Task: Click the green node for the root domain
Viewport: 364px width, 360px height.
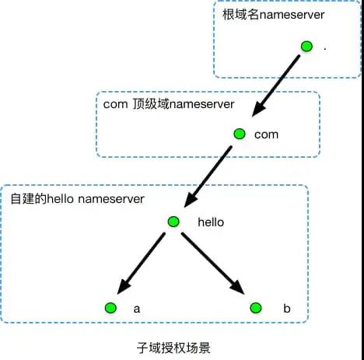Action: (x=306, y=47)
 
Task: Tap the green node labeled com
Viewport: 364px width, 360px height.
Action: (x=240, y=134)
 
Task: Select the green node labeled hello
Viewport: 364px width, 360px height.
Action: (x=174, y=221)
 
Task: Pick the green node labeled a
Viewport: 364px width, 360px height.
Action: (x=110, y=308)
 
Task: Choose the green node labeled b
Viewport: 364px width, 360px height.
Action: (x=255, y=308)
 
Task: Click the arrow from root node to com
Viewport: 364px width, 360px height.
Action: (x=273, y=89)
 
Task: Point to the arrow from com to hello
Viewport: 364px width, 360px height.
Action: (x=207, y=177)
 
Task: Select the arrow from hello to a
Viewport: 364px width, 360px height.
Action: (x=142, y=264)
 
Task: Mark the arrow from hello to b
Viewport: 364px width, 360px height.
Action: (x=215, y=264)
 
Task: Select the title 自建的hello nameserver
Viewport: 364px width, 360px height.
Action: (x=78, y=199)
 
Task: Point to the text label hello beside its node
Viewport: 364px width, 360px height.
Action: (x=211, y=222)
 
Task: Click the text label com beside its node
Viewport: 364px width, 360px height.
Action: (x=266, y=135)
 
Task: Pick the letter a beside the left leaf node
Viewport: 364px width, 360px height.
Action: (x=137, y=309)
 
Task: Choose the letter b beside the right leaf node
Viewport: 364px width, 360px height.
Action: (x=286, y=309)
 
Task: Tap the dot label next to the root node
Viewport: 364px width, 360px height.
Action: (x=324, y=49)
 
